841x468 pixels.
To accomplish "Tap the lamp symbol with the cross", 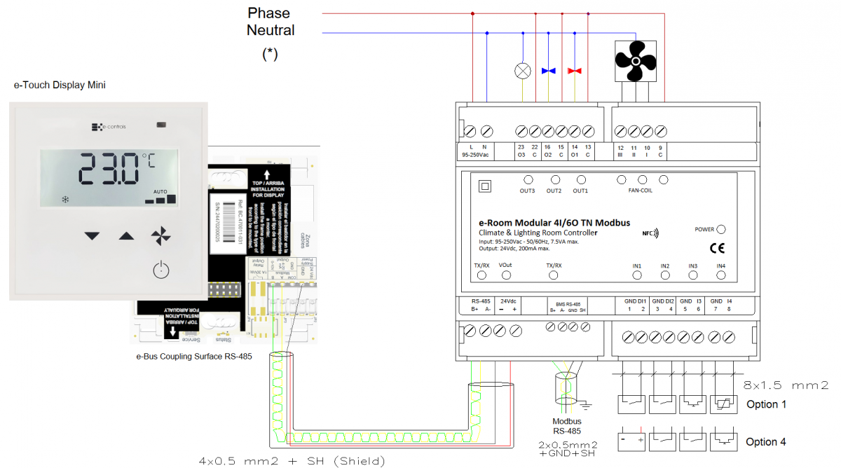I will pyautogui.click(x=522, y=71).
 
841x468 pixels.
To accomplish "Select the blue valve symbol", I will pyautogui.click(x=549, y=71).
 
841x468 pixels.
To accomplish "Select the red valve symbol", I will pyautogui.click(x=575, y=71).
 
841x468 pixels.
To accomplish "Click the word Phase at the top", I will pyautogui.click(x=268, y=13).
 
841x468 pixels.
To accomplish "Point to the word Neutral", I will pyautogui.click(x=271, y=30).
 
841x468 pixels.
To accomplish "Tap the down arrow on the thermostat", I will pyautogui.click(x=93, y=236).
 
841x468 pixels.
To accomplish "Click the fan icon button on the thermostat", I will pyautogui.click(x=160, y=236).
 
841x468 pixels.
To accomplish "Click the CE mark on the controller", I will pyautogui.click(x=717, y=247).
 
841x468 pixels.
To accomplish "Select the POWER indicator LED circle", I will pyautogui.click(x=721, y=229).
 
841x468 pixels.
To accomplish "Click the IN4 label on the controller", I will pyautogui.click(x=721, y=266).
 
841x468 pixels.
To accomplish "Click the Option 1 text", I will pyautogui.click(x=766, y=404).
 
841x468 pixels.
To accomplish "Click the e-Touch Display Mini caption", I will pyautogui.click(x=60, y=85).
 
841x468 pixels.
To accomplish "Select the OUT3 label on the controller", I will pyautogui.click(x=527, y=191).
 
